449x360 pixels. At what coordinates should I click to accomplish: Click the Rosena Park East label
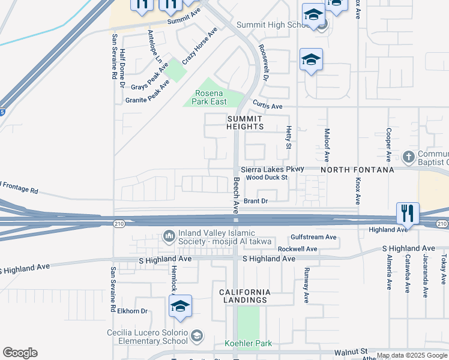(209, 97)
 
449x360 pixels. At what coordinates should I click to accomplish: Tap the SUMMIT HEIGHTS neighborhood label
(245, 123)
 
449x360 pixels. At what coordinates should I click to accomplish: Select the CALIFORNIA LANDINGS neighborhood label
(243, 296)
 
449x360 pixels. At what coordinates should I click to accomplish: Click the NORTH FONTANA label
(357, 170)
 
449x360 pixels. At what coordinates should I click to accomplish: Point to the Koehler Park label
(248, 344)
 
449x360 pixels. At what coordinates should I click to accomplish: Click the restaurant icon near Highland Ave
(408, 213)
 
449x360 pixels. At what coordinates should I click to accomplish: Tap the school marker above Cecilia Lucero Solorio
(180, 307)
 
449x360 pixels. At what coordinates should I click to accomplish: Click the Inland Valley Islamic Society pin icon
(169, 235)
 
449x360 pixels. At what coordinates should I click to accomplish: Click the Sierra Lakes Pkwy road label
(273, 170)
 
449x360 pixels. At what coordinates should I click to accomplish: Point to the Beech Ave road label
(236, 195)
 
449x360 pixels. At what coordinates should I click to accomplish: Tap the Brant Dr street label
(255, 202)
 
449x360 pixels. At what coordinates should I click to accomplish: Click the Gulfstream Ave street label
(313, 238)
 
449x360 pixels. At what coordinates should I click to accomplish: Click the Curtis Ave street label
(267, 106)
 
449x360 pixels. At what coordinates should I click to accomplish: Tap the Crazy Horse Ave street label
(199, 46)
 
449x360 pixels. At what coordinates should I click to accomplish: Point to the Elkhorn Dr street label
(133, 311)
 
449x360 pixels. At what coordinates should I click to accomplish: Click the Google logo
(20, 353)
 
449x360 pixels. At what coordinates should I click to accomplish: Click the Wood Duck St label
(267, 178)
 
